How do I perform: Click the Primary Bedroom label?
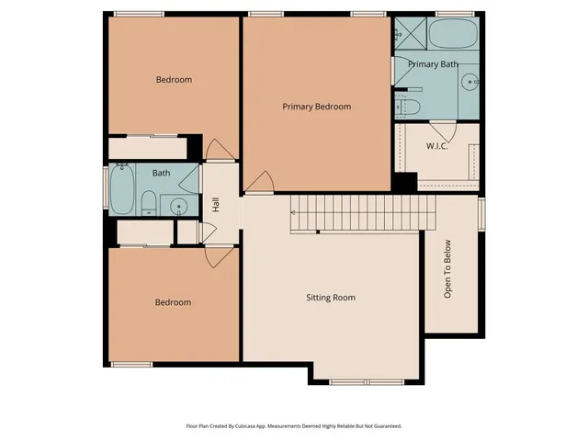click(316, 107)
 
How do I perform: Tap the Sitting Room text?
click(330, 298)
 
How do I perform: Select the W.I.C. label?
click(436, 147)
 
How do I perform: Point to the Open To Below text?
click(448, 269)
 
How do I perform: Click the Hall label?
click(216, 204)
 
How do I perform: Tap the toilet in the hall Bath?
click(148, 203)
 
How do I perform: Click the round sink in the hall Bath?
click(179, 205)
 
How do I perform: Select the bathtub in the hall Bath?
click(122, 189)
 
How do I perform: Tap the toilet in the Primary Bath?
click(409, 107)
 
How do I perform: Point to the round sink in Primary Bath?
click(469, 82)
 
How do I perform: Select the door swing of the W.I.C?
click(444, 130)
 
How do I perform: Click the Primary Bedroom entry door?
click(258, 183)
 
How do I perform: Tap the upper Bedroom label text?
click(174, 80)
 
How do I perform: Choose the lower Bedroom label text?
click(173, 302)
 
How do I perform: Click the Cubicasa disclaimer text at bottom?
click(294, 426)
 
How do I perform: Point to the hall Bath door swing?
click(190, 178)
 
